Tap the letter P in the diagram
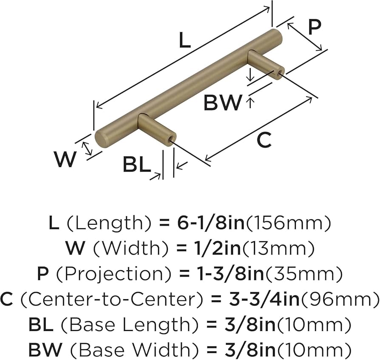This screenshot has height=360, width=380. pos(314,27)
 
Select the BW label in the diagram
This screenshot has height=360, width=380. pos(222,103)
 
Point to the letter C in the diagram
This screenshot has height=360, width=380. pos(264,140)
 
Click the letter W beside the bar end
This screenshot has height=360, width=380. pos(65,160)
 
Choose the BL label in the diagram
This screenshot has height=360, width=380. pos(136,165)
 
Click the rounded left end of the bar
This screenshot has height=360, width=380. pos(101,138)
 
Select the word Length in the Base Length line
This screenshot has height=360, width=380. pos(158,326)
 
